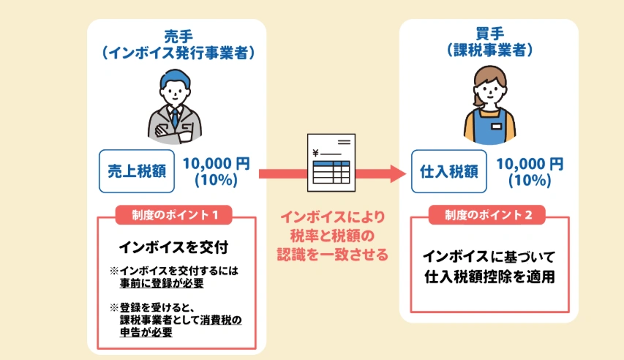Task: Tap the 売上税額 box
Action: (136, 171)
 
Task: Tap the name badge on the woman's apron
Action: (497, 125)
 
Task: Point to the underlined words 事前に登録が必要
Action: (162, 282)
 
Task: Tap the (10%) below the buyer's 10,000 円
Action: (530, 180)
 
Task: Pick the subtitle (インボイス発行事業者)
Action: (178, 52)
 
